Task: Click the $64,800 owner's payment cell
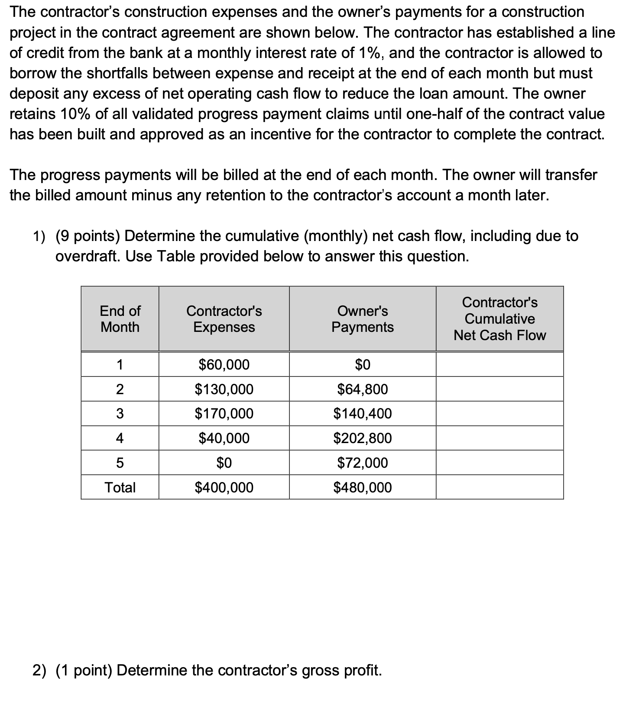[362, 389]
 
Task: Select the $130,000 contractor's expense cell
[224, 389]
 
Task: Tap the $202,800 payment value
[362, 438]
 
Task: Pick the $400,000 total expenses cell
[224, 487]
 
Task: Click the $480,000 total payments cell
[362, 487]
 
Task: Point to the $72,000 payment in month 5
[362, 463]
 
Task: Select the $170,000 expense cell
[224, 413]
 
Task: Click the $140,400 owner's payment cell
[362, 413]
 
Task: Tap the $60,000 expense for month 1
[224, 364]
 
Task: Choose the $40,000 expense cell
[224, 438]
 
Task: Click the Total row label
[120, 487]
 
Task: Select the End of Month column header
[120, 318]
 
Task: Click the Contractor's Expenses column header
[224, 318]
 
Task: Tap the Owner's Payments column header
[362, 318]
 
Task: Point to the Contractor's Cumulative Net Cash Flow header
[499, 318]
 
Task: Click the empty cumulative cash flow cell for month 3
[499, 413]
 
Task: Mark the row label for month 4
[120, 438]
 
